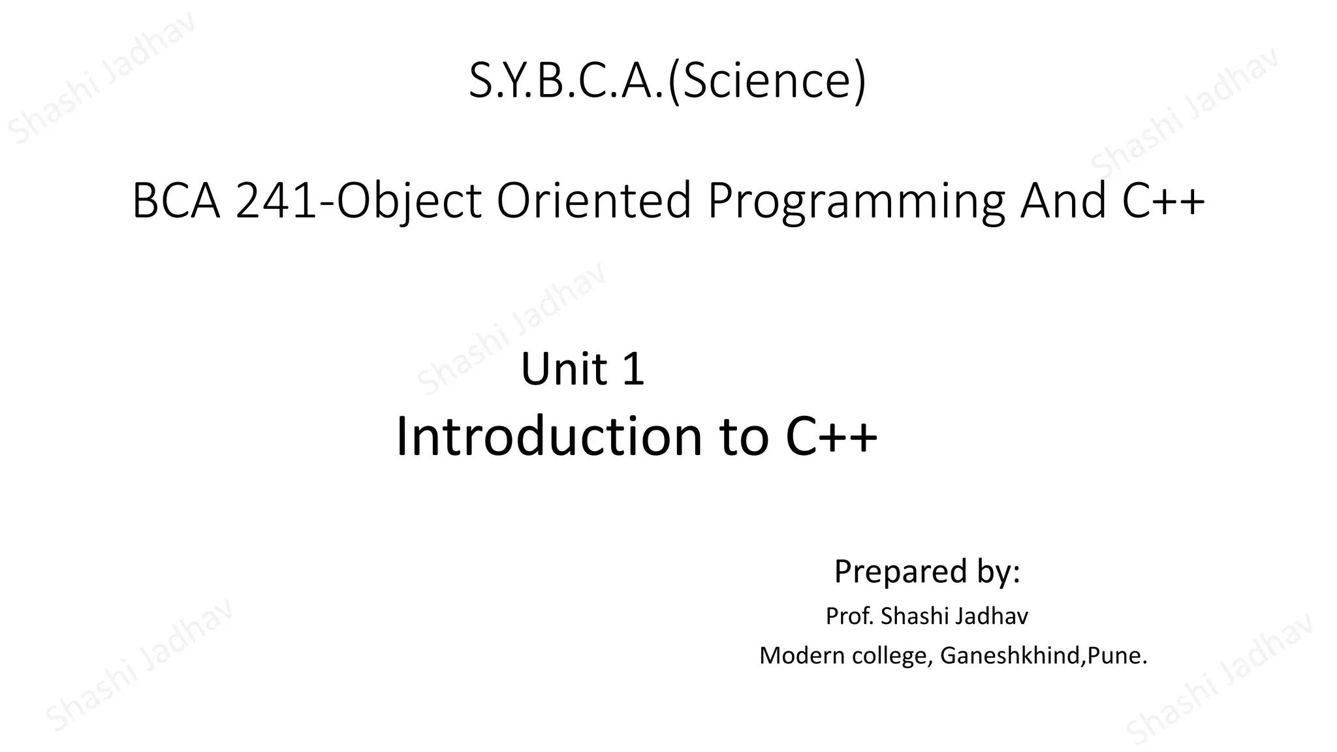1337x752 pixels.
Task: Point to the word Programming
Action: click(x=856, y=202)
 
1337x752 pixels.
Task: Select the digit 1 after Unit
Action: click(x=633, y=369)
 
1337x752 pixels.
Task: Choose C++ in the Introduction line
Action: click(x=831, y=436)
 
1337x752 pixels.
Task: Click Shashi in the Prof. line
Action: click(x=915, y=616)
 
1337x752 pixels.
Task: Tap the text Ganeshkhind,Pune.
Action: click(x=1043, y=655)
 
